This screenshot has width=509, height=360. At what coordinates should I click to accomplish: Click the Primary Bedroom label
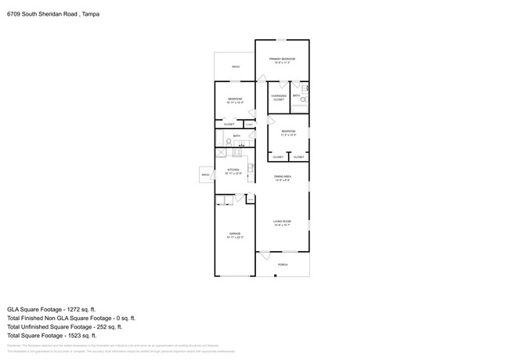coord(280,61)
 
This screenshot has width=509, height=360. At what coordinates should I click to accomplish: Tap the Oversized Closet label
coord(279,98)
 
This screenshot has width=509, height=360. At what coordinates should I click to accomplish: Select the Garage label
coord(235,235)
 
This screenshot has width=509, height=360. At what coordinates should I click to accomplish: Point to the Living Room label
coord(282,223)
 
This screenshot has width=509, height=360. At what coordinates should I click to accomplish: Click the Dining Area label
coord(282,178)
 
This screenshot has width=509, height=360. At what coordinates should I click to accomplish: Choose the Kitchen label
coord(233,171)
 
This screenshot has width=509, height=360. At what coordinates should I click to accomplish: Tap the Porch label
coord(283,265)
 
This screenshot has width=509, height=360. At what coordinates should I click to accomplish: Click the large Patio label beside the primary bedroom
coord(235,67)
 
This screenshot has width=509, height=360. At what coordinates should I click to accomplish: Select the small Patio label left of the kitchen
coord(206,175)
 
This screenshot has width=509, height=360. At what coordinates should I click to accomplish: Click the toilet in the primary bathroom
coord(304,101)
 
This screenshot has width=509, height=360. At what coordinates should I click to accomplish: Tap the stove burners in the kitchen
coord(250,167)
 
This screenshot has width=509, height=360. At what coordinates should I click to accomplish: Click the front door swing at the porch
coord(265,256)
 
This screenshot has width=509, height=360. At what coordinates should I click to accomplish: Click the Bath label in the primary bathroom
coord(297,95)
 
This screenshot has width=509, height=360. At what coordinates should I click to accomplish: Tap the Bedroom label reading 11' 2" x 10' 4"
coord(288,133)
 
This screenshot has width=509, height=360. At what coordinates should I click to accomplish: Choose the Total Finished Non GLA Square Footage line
coord(71,319)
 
